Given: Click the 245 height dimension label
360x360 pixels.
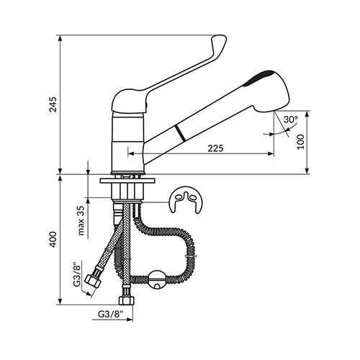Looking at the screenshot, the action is click(x=53, y=104).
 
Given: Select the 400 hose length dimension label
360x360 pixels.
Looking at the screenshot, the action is click(x=53, y=240).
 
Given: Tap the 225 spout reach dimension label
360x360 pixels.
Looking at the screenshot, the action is click(x=215, y=148).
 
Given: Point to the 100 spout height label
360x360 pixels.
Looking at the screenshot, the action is click(x=300, y=142).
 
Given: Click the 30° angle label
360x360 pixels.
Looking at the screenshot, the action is click(x=291, y=120).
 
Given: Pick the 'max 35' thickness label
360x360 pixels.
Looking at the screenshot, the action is click(x=81, y=220).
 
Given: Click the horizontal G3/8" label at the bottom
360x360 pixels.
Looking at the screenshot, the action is click(x=111, y=314).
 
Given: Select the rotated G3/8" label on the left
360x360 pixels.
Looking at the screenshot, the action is click(x=77, y=274).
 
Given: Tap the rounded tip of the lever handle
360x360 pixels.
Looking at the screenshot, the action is click(x=219, y=40).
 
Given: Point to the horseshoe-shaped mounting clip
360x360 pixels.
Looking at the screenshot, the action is click(x=186, y=199).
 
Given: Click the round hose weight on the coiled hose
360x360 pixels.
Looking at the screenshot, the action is click(x=157, y=280).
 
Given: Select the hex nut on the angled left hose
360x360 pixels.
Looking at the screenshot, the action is click(x=93, y=282).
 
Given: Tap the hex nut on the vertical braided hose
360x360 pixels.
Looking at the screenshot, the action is click(x=126, y=300).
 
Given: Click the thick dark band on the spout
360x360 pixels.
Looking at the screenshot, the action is click(x=180, y=132).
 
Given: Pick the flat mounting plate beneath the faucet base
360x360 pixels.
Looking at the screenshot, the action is click(x=127, y=181).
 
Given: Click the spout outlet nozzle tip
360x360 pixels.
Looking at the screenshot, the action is click(x=275, y=112).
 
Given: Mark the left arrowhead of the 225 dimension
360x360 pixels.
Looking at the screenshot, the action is click(x=130, y=153).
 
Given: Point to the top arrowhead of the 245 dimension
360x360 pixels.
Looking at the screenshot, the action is click(x=60, y=38).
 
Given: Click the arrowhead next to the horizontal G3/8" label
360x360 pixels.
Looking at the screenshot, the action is click(x=130, y=320).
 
